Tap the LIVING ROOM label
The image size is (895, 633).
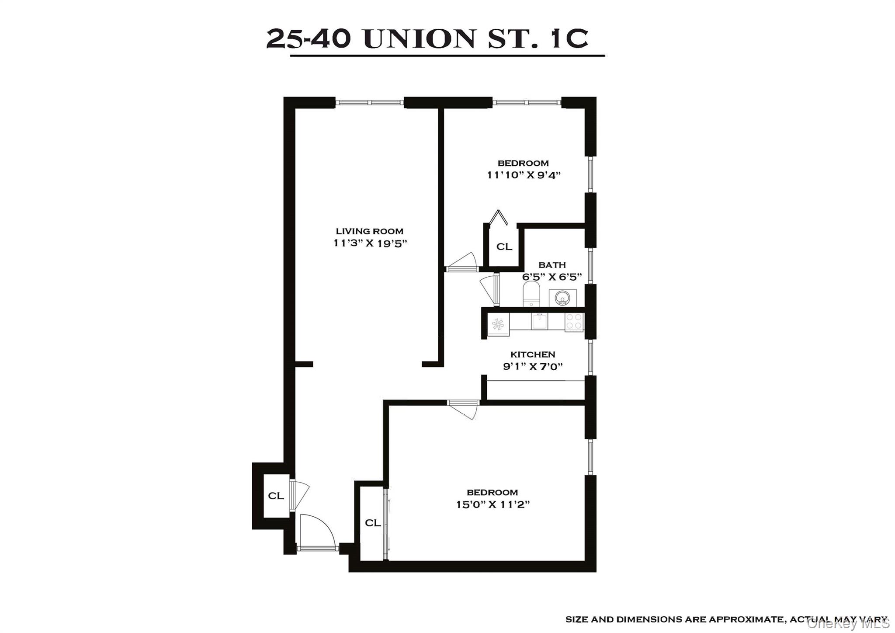[369, 231]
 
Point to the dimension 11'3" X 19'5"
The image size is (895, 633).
[370, 243]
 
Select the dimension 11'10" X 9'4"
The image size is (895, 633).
[524, 175]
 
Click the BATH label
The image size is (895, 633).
[552, 265]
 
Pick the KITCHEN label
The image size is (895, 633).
[533, 355]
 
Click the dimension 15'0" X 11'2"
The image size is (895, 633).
[493, 504]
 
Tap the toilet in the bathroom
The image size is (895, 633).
[532, 294]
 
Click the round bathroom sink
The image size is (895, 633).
[562, 299]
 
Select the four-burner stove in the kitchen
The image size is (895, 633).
[574, 322]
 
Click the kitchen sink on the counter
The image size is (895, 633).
[539, 322]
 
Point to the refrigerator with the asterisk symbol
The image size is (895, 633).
[498, 324]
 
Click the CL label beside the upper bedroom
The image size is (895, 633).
[504, 247]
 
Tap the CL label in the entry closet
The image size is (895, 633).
[276, 496]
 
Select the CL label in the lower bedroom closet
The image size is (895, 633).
[373, 523]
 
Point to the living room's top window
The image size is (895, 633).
[369, 103]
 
